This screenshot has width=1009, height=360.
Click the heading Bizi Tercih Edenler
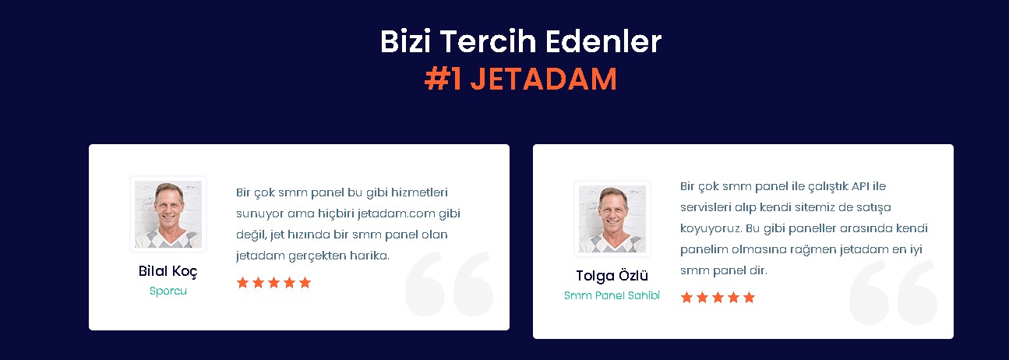coord(520,41)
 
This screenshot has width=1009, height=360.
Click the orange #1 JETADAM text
coord(520,79)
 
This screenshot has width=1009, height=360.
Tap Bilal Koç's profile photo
coord(168,214)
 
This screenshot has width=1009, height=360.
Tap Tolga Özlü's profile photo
coord(612,218)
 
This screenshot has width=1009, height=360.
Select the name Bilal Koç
coord(168,271)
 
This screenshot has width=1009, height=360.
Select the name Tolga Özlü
coord(612,275)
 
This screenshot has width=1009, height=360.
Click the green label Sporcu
coord(168,291)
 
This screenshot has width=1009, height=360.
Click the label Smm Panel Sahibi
coord(612,295)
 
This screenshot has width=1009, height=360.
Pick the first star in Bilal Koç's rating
coord(243,283)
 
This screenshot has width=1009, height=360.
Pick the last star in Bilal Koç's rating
coord(305,283)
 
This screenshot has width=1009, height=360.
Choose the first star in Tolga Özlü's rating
coord(687,298)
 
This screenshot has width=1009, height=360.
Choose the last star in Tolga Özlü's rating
coord(749,298)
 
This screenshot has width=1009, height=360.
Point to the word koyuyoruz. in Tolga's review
coord(711,229)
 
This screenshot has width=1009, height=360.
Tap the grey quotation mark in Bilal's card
coord(449,284)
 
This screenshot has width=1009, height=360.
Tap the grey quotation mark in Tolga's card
coord(893,292)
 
